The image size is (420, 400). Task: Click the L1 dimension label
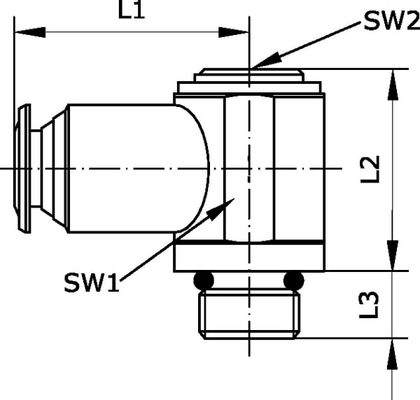tap(132, 10)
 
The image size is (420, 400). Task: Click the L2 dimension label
tap(370, 169)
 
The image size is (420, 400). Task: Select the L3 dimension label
tap(369, 305)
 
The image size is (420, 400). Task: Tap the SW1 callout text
tap(91, 283)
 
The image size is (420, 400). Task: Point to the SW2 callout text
tap(391, 21)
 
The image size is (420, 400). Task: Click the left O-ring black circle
tap(204, 280)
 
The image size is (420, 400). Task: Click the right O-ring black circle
tap(294, 280)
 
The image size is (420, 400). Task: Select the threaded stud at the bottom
tap(249, 315)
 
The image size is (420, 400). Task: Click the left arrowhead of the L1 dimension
tap(30, 32)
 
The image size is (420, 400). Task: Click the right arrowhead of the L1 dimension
tap(234, 32)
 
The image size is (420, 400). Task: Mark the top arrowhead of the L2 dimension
tap(393, 85)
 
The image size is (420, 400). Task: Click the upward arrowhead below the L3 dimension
tap(393, 354)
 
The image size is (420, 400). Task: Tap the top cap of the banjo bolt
tap(249, 75)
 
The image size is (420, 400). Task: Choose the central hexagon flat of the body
tap(249, 169)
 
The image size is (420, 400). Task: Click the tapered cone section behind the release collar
tap(54, 169)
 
